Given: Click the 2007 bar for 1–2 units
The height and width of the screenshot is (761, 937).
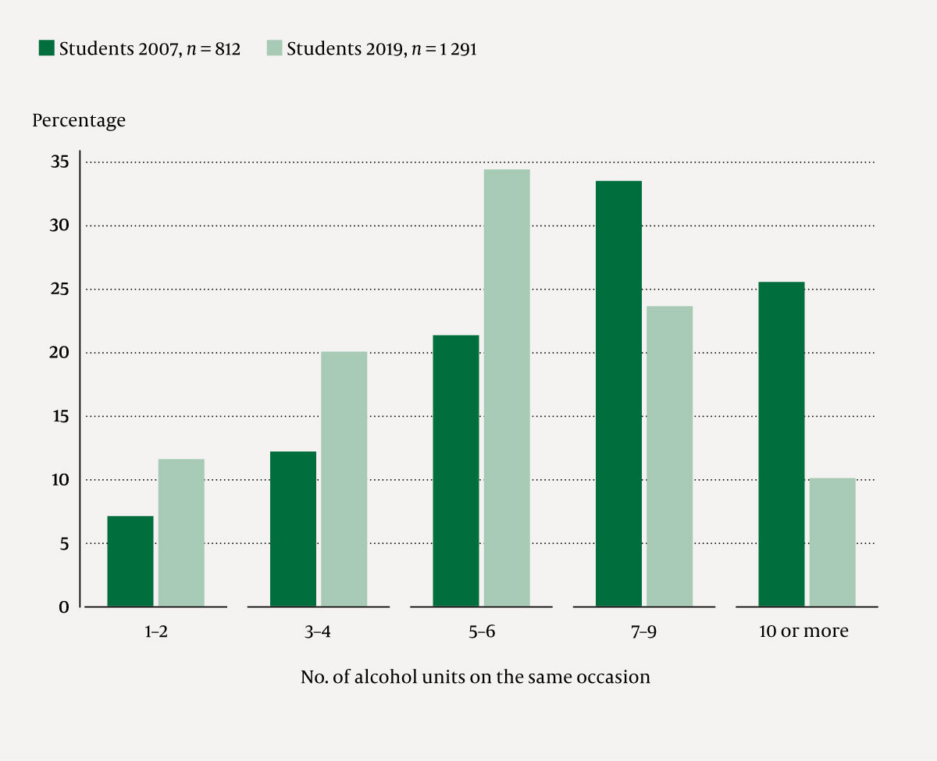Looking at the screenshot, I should click(x=130, y=561).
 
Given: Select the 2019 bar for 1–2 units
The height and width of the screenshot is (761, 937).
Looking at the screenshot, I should click(x=181, y=533).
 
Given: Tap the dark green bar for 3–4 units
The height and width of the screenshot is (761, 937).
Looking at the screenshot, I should click(x=293, y=529).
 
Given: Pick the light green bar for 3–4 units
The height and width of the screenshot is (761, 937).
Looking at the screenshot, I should click(x=344, y=479).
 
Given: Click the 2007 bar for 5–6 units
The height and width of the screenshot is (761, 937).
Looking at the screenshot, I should click(x=456, y=471).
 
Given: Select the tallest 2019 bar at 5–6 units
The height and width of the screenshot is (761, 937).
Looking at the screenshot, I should click(x=507, y=388).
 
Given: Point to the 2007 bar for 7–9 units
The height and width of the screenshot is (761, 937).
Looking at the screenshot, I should click(x=618, y=393).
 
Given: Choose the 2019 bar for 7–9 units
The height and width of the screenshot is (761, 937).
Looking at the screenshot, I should click(x=669, y=457).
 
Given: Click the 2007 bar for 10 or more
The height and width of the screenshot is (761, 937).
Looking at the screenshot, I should click(x=781, y=444).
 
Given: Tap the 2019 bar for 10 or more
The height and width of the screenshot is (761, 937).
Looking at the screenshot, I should click(x=832, y=542).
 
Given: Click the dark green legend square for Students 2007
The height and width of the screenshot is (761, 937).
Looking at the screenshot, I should click(x=46, y=48).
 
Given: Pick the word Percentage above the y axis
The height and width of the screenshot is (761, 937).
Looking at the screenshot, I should click(x=79, y=121).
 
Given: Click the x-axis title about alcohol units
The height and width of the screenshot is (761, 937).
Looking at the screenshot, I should click(x=476, y=677).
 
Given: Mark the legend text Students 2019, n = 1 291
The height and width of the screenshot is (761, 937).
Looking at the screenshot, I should click(x=381, y=49).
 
